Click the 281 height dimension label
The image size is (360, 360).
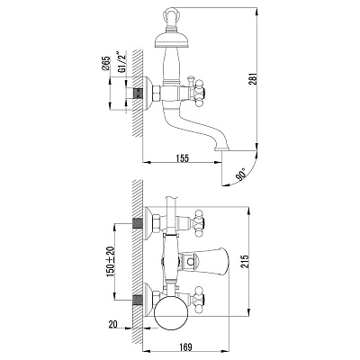254,78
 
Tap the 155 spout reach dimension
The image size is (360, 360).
183,158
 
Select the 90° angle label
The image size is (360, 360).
241,175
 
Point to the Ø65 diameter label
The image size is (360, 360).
106,63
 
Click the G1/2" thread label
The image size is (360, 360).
121,62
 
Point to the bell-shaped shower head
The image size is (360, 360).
172,39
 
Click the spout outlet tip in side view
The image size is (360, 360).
222,148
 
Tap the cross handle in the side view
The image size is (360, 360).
199,91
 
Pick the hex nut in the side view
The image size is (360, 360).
157,93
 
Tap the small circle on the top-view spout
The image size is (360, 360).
191,262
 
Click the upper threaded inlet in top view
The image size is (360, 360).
137,223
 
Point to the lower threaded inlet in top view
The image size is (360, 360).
137,299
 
